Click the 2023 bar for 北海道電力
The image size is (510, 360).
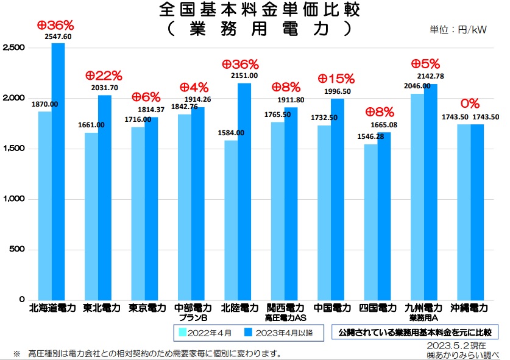point(58,171)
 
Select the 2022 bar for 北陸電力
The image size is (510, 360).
point(231,220)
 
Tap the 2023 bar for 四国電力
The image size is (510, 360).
point(384,216)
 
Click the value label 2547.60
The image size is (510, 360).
point(58,37)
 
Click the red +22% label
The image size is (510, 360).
point(104,76)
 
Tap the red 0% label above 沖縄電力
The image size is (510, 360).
point(469,104)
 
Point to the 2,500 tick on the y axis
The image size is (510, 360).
point(13,48)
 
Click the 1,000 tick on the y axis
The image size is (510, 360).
point(13,199)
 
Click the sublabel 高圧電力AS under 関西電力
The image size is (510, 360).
point(285,318)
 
